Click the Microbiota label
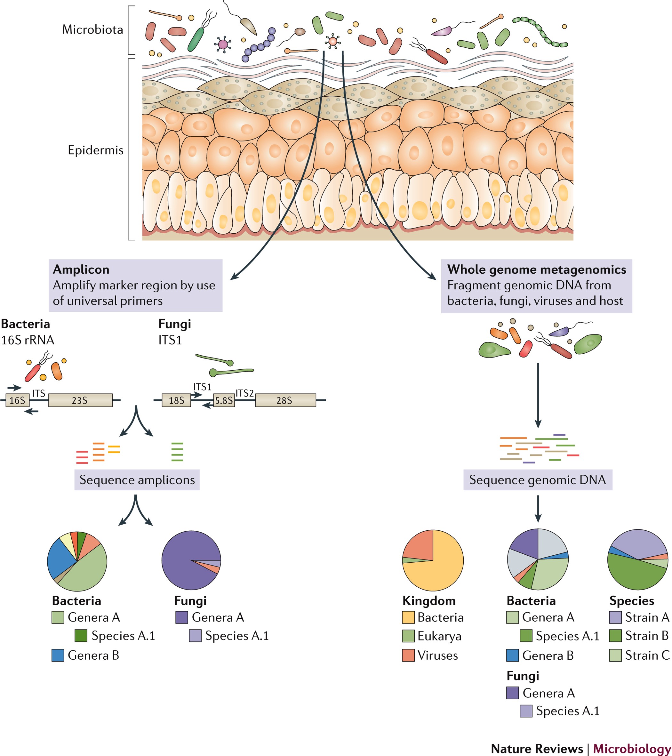click(92, 29)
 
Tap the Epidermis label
click(95, 150)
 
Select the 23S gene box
click(80, 400)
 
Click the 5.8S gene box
click(224, 400)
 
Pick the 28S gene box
click(285, 400)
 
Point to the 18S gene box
click(176, 400)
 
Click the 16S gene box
click(17, 400)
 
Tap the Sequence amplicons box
click(137, 480)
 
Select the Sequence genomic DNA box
click(537, 480)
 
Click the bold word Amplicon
click(81, 269)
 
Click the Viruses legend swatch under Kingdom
click(408, 655)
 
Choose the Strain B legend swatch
click(615, 636)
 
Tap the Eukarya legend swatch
click(408, 636)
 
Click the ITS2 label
click(244, 393)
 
